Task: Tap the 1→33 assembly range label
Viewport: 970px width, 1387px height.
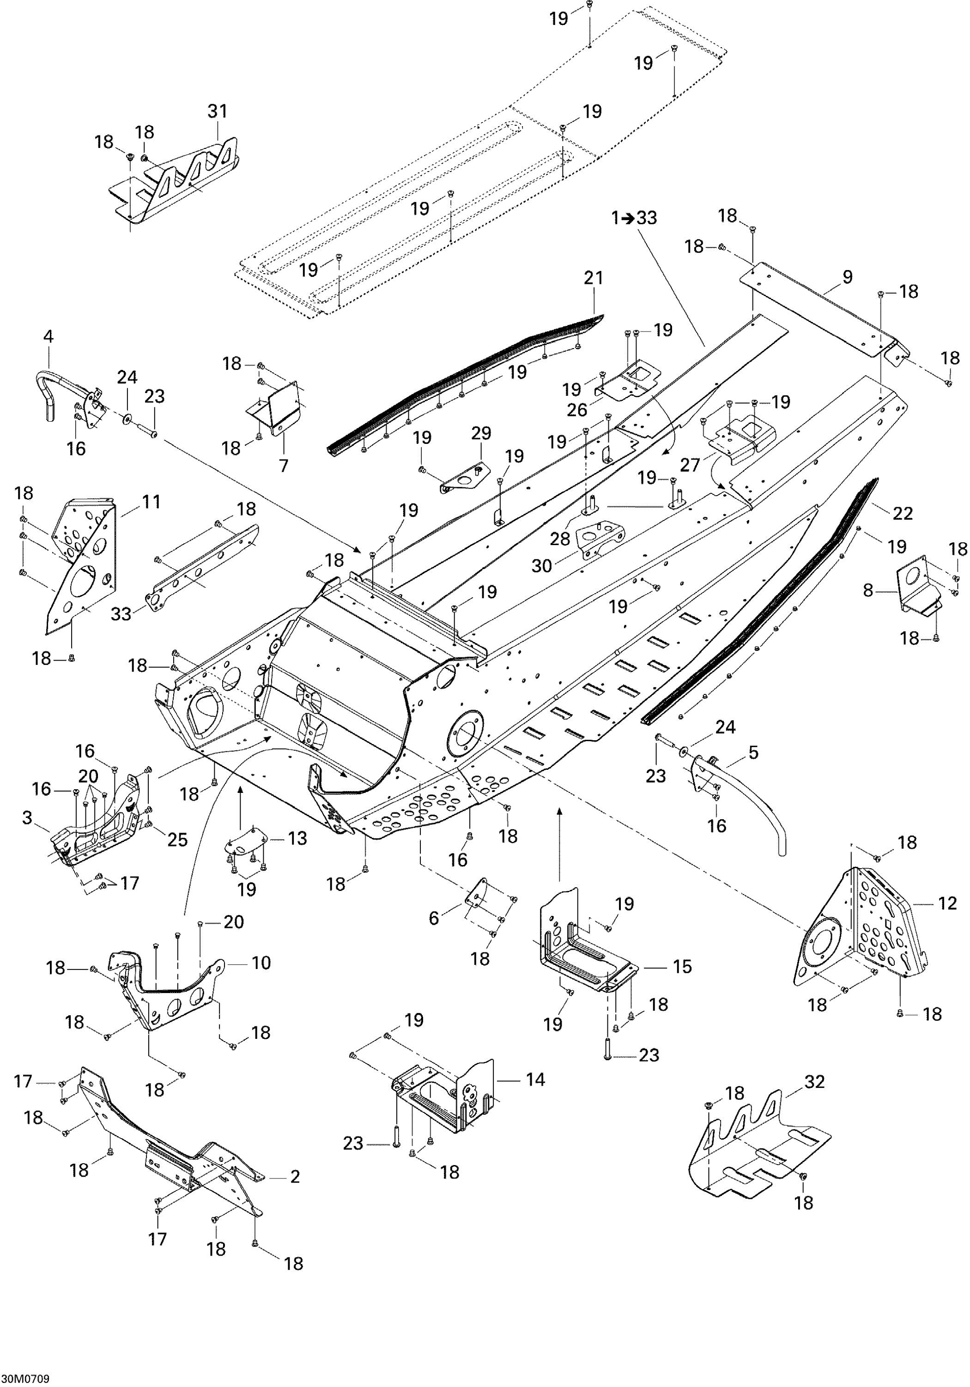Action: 634,217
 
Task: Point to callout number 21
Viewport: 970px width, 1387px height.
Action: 594,278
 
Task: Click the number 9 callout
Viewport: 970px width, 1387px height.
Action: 848,277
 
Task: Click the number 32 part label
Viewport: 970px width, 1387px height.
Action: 815,1081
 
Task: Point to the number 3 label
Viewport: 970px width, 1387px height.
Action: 27,817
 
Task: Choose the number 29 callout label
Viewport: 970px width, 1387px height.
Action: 481,433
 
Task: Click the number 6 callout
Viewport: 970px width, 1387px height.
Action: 434,918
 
